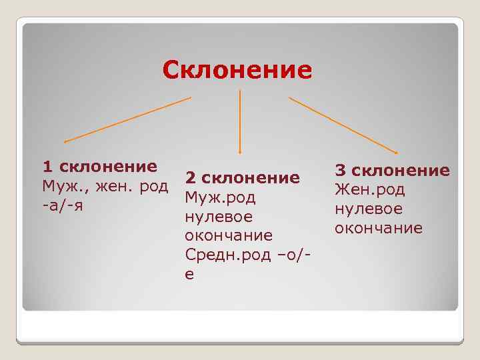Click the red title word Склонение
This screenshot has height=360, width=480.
[x=237, y=69]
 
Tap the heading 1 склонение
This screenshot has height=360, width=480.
[x=100, y=165]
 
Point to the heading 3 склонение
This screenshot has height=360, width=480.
[x=392, y=171]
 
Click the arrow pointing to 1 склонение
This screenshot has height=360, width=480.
[x=127, y=120]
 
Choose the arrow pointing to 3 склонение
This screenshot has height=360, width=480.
[x=343, y=124]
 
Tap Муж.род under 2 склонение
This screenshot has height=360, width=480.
[x=220, y=198]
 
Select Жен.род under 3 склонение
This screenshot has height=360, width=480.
[x=369, y=190]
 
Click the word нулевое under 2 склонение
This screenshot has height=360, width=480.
[x=218, y=217]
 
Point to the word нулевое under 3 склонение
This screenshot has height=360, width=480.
[x=368, y=209]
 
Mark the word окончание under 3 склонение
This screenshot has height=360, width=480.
[x=379, y=228]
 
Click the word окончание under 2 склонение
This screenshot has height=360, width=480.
[x=229, y=236]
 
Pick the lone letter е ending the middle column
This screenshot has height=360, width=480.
[x=190, y=275]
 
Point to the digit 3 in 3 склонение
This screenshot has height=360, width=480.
[x=340, y=171]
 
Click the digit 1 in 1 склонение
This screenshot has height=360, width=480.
[x=47, y=165]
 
